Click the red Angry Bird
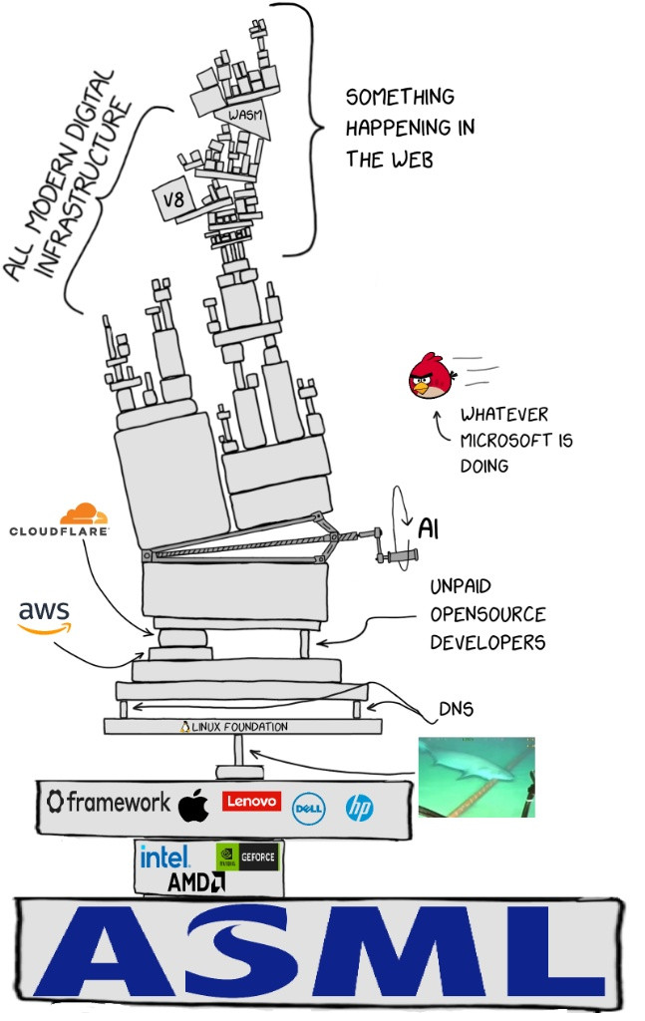point(432,375)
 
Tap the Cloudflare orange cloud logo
point(84,513)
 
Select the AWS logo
point(44,617)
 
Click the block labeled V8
point(173,198)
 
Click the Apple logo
point(193,805)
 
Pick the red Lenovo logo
point(251,801)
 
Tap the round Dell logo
point(308,809)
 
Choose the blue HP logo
point(359,808)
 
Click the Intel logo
point(164,856)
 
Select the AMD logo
point(196,881)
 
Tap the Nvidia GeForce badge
point(246,856)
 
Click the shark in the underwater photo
point(479,767)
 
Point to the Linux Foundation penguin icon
point(184,727)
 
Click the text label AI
point(428,528)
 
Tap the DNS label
point(457,709)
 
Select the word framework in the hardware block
point(118,802)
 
